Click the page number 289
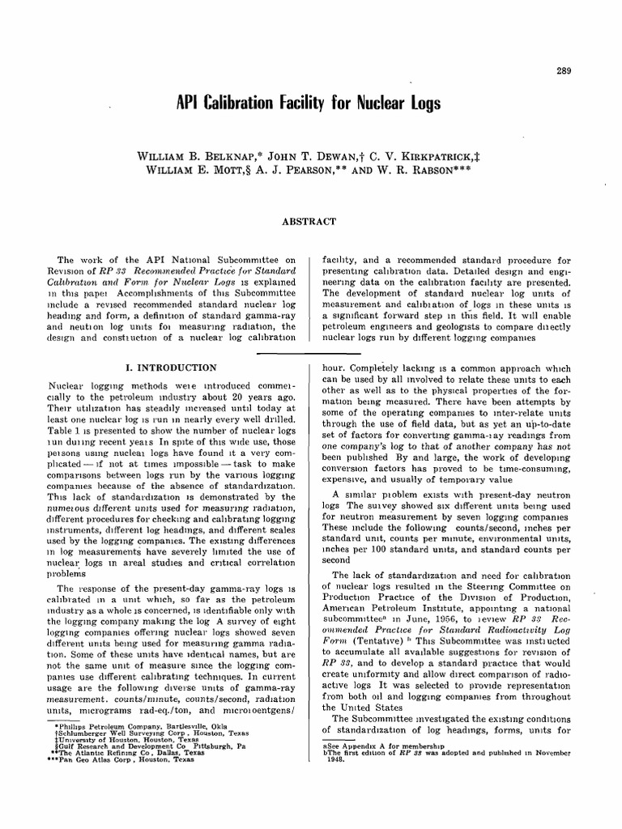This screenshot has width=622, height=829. click(x=564, y=71)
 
